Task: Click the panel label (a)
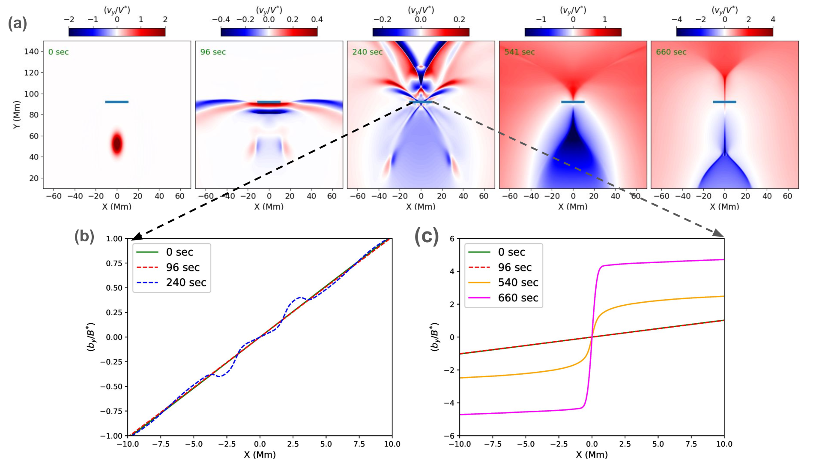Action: (18, 24)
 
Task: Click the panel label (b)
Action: (84, 236)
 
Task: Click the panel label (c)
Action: (427, 236)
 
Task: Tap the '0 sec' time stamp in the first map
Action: (58, 52)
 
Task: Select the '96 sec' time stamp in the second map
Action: (213, 52)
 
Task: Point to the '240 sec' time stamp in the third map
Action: (367, 52)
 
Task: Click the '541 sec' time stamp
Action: (519, 52)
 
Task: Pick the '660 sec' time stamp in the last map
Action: (671, 52)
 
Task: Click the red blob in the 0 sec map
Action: (117, 144)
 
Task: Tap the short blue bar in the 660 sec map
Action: (724, 102)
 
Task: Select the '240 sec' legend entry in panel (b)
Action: (186, 283)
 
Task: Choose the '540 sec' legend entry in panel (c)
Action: (518, 283)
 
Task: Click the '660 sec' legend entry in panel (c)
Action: (518, 298)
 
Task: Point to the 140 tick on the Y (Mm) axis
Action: (31, 51)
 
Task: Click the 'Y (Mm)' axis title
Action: (17, 115)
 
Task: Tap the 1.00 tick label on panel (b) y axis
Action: (114, 239)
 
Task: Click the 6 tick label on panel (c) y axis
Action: (452, 239)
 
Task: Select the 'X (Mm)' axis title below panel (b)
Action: (260, 455)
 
